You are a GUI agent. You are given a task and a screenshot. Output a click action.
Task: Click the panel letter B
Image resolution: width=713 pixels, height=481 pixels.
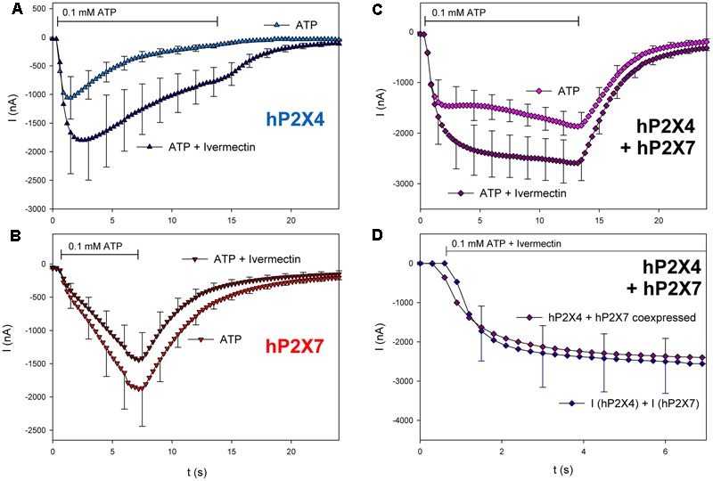pos(8,238)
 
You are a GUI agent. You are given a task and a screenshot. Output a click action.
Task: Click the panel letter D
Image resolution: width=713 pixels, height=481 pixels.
pos(377,238)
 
